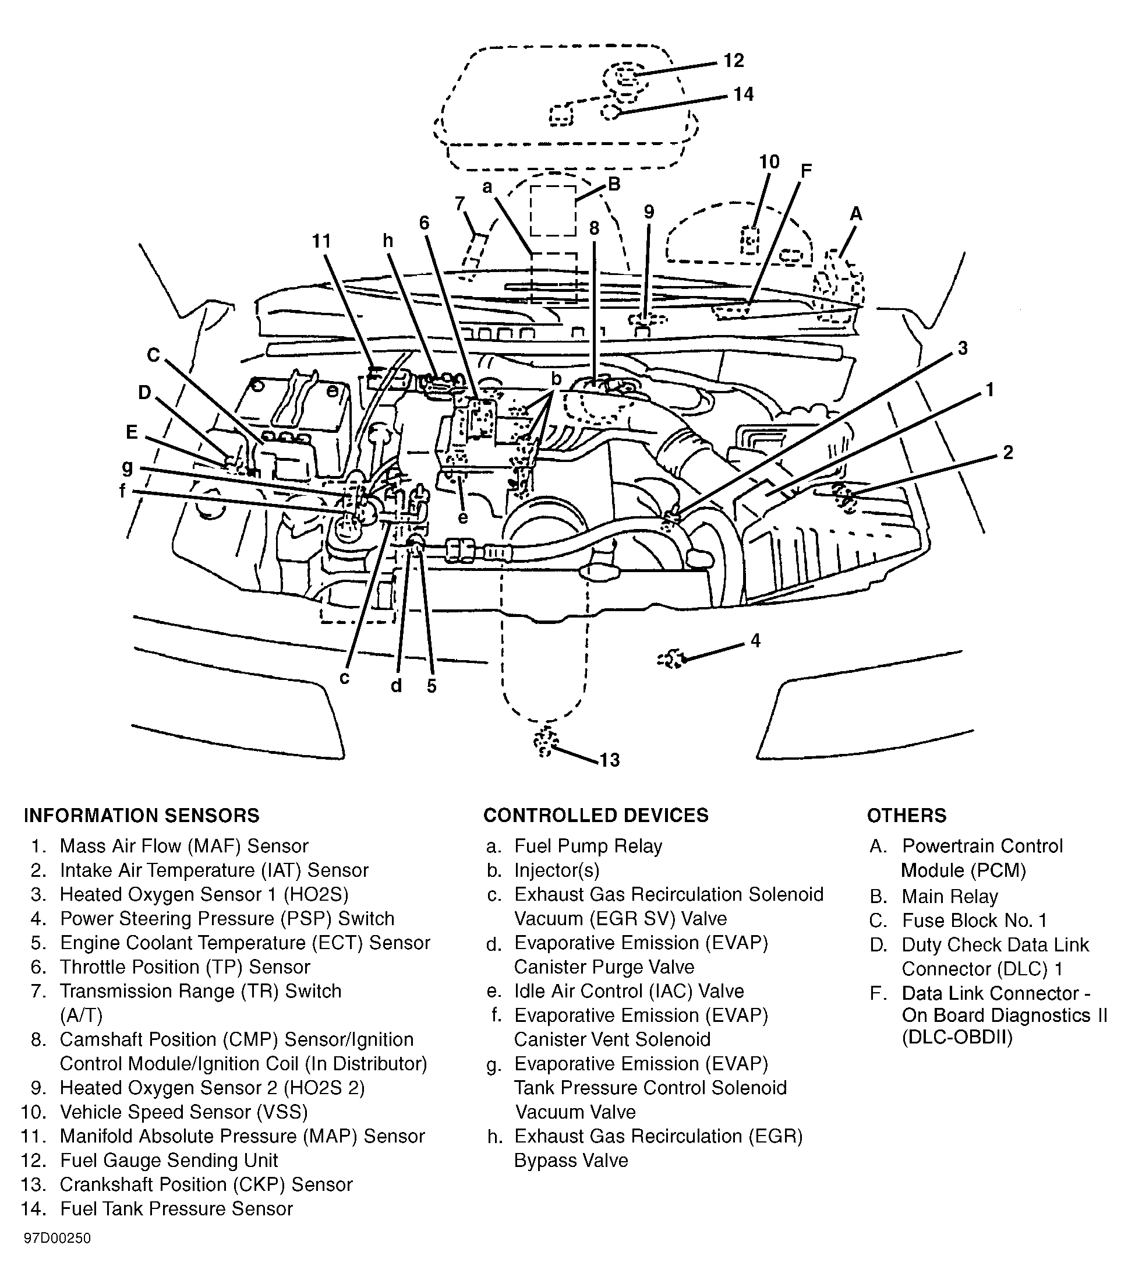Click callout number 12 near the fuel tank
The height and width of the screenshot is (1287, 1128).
tap(733, 61)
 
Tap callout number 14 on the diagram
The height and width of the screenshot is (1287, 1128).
tap(744, 94)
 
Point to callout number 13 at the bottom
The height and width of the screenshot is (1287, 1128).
tap(609, 760)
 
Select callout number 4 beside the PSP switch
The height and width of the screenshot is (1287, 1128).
tap(755, 641)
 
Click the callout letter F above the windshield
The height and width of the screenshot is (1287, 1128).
tap(806, 171)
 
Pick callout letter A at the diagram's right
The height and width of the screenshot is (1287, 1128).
tap(855, 214)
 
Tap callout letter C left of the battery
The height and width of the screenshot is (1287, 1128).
tap(154, 355)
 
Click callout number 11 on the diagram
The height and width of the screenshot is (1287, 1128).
tap(321, 241)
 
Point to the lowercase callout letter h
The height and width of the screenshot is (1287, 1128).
tap(388, 241)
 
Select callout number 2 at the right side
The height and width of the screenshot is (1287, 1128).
tap(1008, 452)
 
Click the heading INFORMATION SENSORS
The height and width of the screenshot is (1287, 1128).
tap(142, 816)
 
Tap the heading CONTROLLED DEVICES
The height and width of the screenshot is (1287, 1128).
tap(596, 816)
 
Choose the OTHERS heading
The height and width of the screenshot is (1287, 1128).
tap(907, 816)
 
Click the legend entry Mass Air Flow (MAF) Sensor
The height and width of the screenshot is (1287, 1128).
tap(184, 845)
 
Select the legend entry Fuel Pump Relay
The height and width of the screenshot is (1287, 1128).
tap(588, 845)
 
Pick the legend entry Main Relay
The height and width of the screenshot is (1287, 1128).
tap(949, 896)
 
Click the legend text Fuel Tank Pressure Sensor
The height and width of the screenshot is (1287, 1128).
tap(176, 1208)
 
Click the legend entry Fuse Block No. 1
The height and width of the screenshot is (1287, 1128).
tap(974, 920)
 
